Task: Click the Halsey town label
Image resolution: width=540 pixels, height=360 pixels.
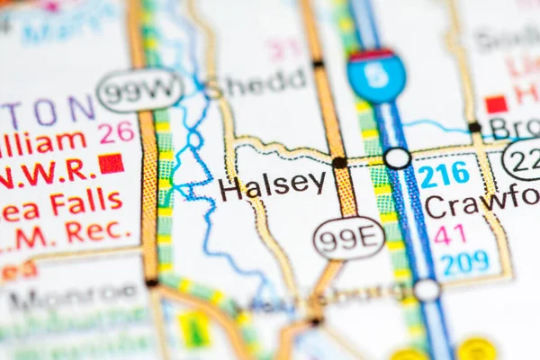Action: pyautogui.click(x=273, y=185)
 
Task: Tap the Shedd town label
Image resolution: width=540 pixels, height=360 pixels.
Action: pyautogui.click(x=265, y=82)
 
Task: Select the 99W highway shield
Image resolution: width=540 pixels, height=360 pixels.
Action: pyautogui.click(x=139, y=90)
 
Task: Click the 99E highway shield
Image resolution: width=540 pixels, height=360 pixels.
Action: pyautogui.click(x=348, y=238)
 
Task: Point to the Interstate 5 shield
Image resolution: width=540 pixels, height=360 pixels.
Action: pyautogui.click(x=376, y=76)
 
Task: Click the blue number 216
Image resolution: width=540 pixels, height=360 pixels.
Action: pyautogui.click(x=445, y=174)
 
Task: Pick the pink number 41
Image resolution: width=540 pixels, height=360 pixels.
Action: pyautogui.click(x=450, y=234)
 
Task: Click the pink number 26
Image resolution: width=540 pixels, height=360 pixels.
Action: pyautogui.click(x=116, y=132)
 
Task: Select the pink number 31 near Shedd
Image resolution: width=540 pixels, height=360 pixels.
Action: pyautogui.click(x=285, y=49)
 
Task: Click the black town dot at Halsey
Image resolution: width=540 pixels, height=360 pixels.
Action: pyautogui.click(x=339, y=163)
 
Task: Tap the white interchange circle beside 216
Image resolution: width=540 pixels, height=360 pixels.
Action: pyautogui.click(x=397, y=158)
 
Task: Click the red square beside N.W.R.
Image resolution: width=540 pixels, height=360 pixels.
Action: pyautogui.click(x=111, y=163)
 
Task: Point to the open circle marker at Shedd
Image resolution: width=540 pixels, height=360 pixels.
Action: pyautogui.click(x=212, y=91)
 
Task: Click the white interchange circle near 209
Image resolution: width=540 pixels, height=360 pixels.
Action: pyautogui.click(x=427, y=290)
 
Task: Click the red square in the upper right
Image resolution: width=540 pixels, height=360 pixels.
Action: pyautogui.click(x=496, y=104)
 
